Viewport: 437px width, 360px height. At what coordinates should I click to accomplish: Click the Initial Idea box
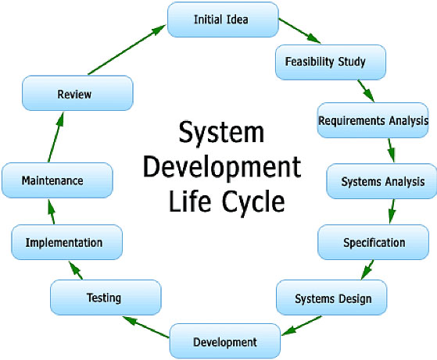(223, 20)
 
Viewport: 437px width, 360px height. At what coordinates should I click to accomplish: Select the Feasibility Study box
(331, 62)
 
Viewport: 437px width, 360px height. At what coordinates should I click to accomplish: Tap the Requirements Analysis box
(373, 120)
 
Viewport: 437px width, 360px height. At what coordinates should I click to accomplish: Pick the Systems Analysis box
(381, 181)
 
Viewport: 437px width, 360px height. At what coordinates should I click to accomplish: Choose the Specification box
(373, 242)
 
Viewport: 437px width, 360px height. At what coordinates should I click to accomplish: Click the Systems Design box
(331, 298)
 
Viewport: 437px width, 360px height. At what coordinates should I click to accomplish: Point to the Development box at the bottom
(225, 341)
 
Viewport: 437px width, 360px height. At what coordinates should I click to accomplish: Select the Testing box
(106, 298)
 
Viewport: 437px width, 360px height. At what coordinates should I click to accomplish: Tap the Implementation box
(67, 242)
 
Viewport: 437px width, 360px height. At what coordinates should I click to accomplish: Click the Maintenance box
(57, 180)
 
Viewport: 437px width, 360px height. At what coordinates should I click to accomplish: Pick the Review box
(77, 93)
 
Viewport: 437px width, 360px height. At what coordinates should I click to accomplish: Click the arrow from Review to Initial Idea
(127, 49)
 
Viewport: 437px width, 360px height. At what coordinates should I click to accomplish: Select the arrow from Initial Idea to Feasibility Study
(299, 31)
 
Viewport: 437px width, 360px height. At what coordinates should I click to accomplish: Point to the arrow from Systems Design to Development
(302, 326)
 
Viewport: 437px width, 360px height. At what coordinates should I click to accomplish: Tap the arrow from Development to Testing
(146, 327)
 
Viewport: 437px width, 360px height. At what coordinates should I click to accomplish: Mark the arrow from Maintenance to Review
(56, 137)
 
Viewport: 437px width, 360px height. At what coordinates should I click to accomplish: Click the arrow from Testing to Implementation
(76, 270)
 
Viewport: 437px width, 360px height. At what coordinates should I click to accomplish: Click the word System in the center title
(221, 132)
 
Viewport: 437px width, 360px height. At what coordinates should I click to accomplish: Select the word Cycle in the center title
(253, 201)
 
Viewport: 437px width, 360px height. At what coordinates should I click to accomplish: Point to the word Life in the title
(189, 200)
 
